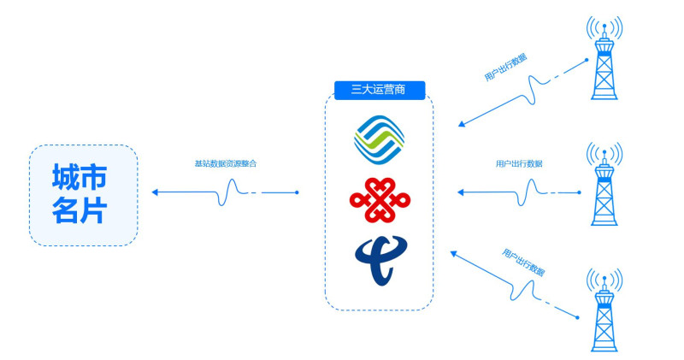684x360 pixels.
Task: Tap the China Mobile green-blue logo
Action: point(379,139)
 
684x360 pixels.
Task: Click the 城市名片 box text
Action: point(83,195)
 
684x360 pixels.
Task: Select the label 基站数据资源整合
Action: point(226,162)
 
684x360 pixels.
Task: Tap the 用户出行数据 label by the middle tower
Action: point(519,162)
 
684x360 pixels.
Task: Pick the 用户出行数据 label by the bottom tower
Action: point(523,261)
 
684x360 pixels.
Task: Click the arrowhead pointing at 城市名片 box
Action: point(156,192)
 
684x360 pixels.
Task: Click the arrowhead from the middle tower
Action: point(462,192)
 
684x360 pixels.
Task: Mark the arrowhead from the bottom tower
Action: point(454,252)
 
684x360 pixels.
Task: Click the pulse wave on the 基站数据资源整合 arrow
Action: point(230,193)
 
